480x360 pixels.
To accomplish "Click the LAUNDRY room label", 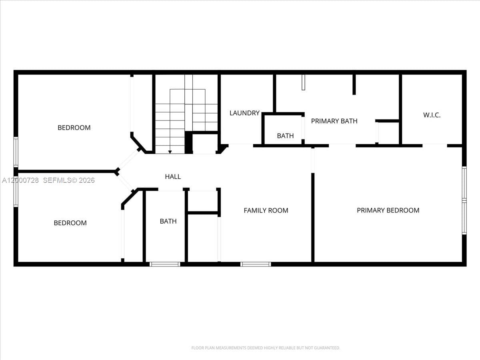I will click(x=244, y=113).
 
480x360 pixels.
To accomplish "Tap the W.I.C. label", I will click(x=432, y=115).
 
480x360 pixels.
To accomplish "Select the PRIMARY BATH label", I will click(x=334, y=121).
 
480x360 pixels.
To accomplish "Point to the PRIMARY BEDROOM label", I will click(x=388, y=210).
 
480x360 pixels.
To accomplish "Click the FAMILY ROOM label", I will click(x=266, y=210).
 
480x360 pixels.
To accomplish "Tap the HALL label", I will click(x=173, y=176).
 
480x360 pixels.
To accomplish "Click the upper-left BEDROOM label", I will click(x=74, y=128).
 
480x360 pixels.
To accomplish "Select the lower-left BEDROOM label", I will click(x=70, y=223).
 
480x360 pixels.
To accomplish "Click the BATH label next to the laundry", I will click(x=285, y=136).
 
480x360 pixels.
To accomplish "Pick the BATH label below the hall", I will click(x=168, y=221).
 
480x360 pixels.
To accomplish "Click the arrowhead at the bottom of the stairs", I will click(x=170, y=152).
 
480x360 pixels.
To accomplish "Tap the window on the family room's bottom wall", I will click(x=256, y=264).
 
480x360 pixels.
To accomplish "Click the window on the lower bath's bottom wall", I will click(x=165, y=264).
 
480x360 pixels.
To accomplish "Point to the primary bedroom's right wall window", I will click(x=464, y=200).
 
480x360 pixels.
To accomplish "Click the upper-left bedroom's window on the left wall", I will click(x=16, y=152).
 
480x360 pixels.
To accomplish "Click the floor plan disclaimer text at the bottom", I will click(x=266, y=348).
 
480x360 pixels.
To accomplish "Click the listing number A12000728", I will click(x=20, y=180).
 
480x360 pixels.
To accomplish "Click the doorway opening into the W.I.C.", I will click(x=435, y=145).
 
